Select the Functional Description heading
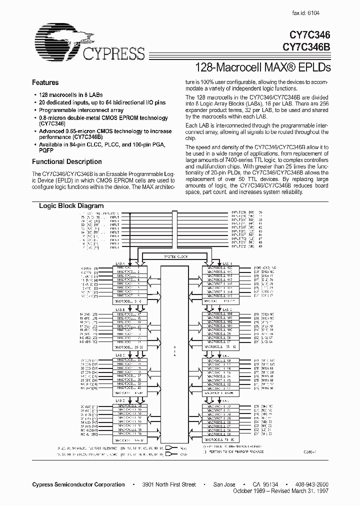point(66,162)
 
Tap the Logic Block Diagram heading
point(71,206)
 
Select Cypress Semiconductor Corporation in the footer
point(78,484)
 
